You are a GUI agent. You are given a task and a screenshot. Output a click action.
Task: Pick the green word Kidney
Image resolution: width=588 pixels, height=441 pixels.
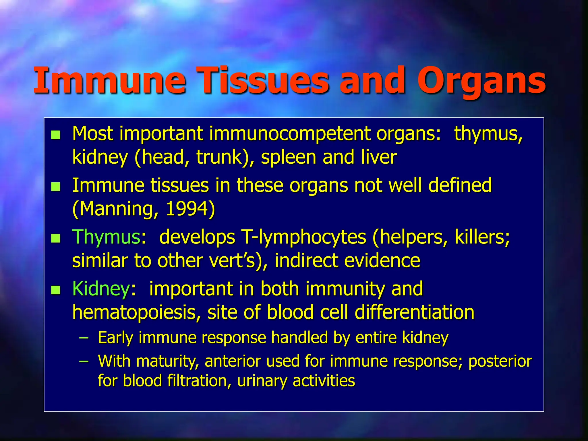point(101,289)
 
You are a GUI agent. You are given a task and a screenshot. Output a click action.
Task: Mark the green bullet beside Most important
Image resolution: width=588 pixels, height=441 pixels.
point(55,135)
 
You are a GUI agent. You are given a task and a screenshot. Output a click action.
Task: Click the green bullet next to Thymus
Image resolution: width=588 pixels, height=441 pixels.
point(55,238)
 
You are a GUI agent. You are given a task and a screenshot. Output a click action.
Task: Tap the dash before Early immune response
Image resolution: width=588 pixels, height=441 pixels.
point(84,338)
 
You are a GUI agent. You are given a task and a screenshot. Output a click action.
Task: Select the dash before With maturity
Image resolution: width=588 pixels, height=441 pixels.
point(84,361)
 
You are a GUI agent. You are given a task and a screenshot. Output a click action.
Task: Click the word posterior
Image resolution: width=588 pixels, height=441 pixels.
point(500,361)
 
